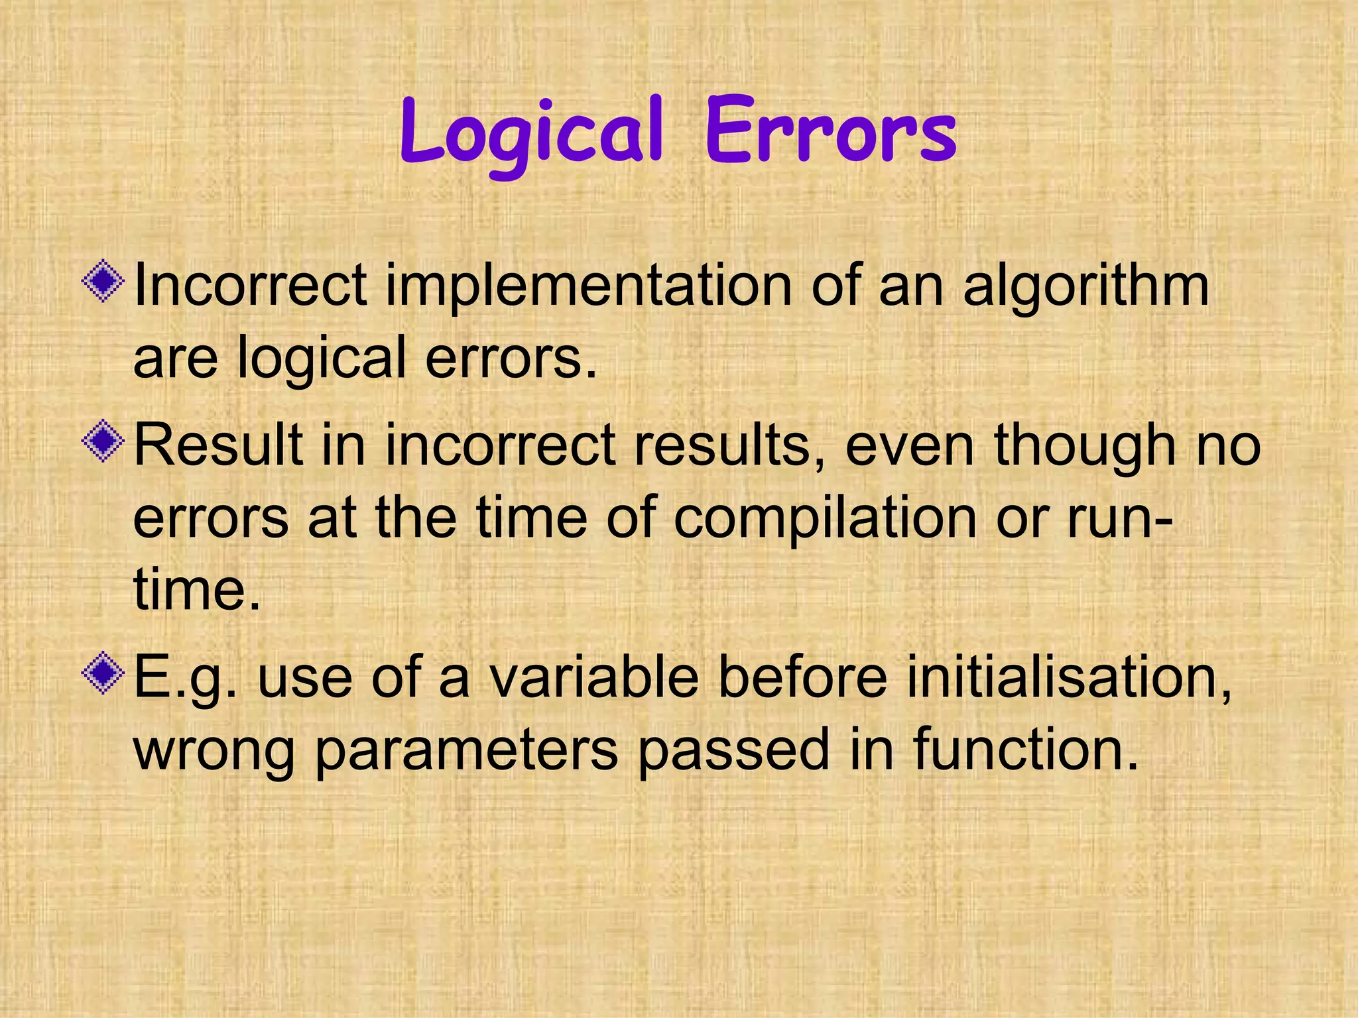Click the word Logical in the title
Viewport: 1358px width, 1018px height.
[530, 133]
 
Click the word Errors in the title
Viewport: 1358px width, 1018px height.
[830, 133]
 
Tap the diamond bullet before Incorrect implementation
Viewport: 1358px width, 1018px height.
[103, 283]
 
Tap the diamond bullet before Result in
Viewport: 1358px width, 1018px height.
[103, 441]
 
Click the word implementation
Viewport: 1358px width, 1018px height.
[588, 286]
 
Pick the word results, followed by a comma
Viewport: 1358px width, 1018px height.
[730, 445]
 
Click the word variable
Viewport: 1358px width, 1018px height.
[594, 677]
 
